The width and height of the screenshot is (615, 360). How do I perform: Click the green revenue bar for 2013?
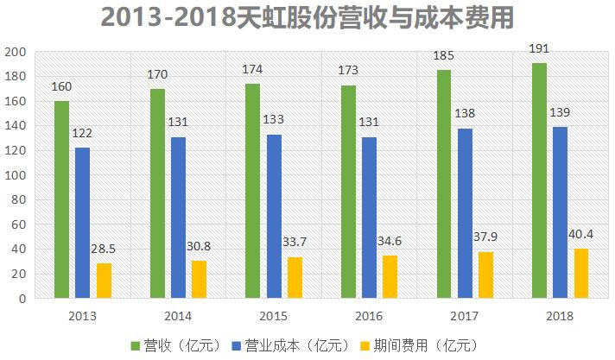[x=61, y=199]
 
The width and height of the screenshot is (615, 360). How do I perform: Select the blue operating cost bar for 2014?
[x=178, y=218]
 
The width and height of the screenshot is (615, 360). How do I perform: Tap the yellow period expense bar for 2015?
[x=295, y=277]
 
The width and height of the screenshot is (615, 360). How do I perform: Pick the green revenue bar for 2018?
[x=539, y=180]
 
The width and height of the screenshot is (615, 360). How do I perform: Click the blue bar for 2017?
[x=465, y=213]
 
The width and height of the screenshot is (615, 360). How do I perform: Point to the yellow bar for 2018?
[x=580, y=274]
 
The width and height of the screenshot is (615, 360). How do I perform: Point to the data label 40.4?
[x=580, y=234]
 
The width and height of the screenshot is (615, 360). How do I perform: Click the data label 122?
[x=82, y=134]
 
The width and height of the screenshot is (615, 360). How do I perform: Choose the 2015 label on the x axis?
[x=273, y=316]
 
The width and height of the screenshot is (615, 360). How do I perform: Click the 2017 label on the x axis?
[x=464, y=316]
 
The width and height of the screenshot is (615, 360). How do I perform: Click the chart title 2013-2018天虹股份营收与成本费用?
[x=307, y=17]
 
